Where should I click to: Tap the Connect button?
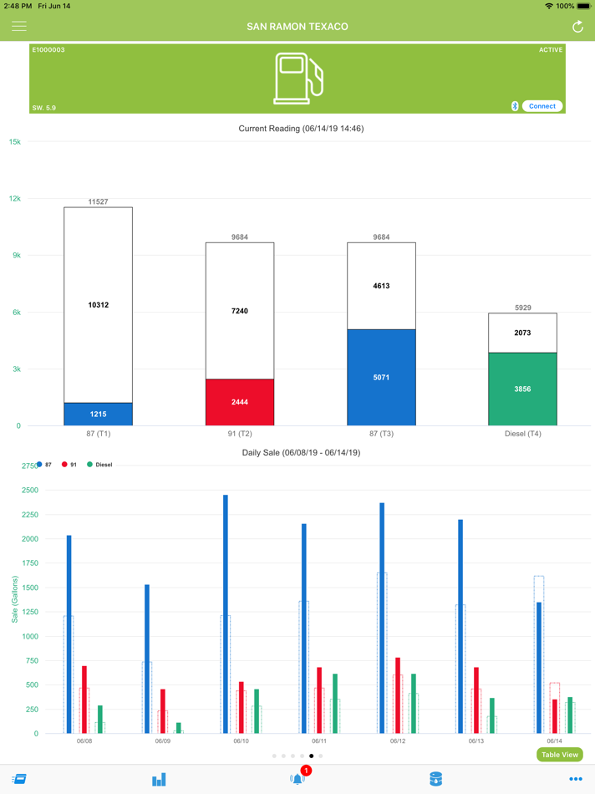pyautogui.click(x=542, y=106)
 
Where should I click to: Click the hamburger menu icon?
pyautogui.click(x=19, y=27)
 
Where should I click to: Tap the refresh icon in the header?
pyautogui.click(x=577, y=27)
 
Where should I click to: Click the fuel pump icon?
pyautogui.click(x=297, y=79)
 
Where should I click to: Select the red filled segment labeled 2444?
pyautogui.click(x=240, y=402)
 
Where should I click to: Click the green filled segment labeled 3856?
pyautogui.click(x=523, y=389)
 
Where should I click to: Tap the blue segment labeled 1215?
pyautogui.click(x=99, y=414)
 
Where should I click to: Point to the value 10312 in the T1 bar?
pyautogui.click(x=99, y=305)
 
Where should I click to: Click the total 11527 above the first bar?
pyautogui.click(x=99, y=201)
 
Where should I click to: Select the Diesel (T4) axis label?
pyautogui.click(x=523, y=434)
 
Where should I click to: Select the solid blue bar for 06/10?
pyautogui.click(x=226, y=614)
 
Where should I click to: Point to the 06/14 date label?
pyautogui.click(x=554, y=741)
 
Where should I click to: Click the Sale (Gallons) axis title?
pyautogui.click(x=15, y=599)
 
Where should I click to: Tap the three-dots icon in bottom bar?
pyautogui.click(x=575, y=779)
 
